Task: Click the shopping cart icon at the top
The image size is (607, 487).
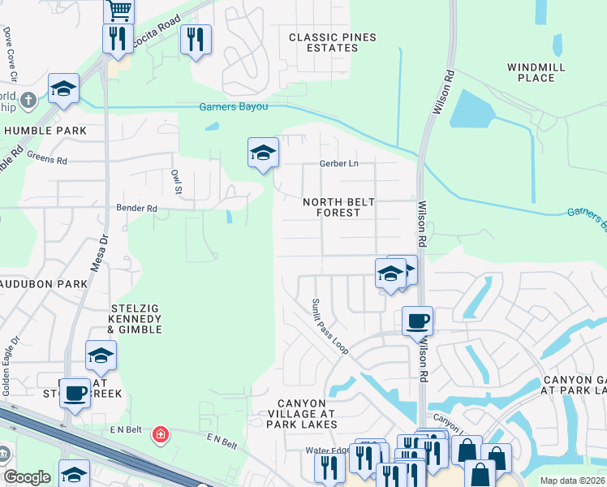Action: coord(118,10)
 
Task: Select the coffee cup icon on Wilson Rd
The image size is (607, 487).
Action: coord(417,320)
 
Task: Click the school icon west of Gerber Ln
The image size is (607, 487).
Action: coord(263,152)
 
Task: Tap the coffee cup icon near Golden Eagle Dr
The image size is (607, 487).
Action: coord(75,393)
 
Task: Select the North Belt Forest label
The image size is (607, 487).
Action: coord(331,207)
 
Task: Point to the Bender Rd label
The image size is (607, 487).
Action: coord(136,209)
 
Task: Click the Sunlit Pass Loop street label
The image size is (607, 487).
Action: coord(330,325)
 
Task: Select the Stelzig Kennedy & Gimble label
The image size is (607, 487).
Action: coord(136,319)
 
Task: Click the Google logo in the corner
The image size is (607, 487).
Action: coord(27,477)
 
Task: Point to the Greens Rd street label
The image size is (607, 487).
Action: coord(46,159)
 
